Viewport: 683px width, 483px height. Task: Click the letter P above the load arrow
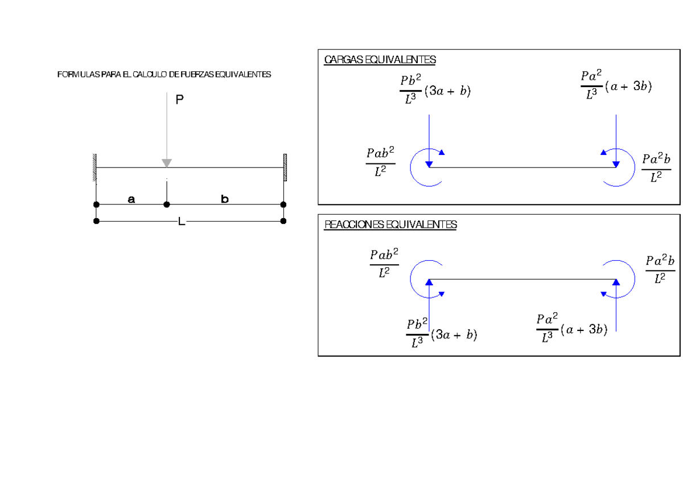click(179, 100)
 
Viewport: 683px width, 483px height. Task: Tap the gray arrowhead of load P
click(166, 163)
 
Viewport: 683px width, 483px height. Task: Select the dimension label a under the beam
click(131, 199)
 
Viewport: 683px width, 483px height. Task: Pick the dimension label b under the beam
click(225, 199)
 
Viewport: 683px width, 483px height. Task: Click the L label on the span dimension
click(181, 222)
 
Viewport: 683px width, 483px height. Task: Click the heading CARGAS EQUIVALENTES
click(380, 60)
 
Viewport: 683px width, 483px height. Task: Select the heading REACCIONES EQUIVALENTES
click(390, 225)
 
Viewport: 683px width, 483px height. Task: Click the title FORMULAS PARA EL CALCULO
click(164, 75)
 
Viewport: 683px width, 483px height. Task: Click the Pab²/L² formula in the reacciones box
click(384, 263)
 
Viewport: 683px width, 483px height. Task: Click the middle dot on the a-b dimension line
click(166, 204)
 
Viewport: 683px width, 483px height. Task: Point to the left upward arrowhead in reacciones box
click(430, 282)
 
